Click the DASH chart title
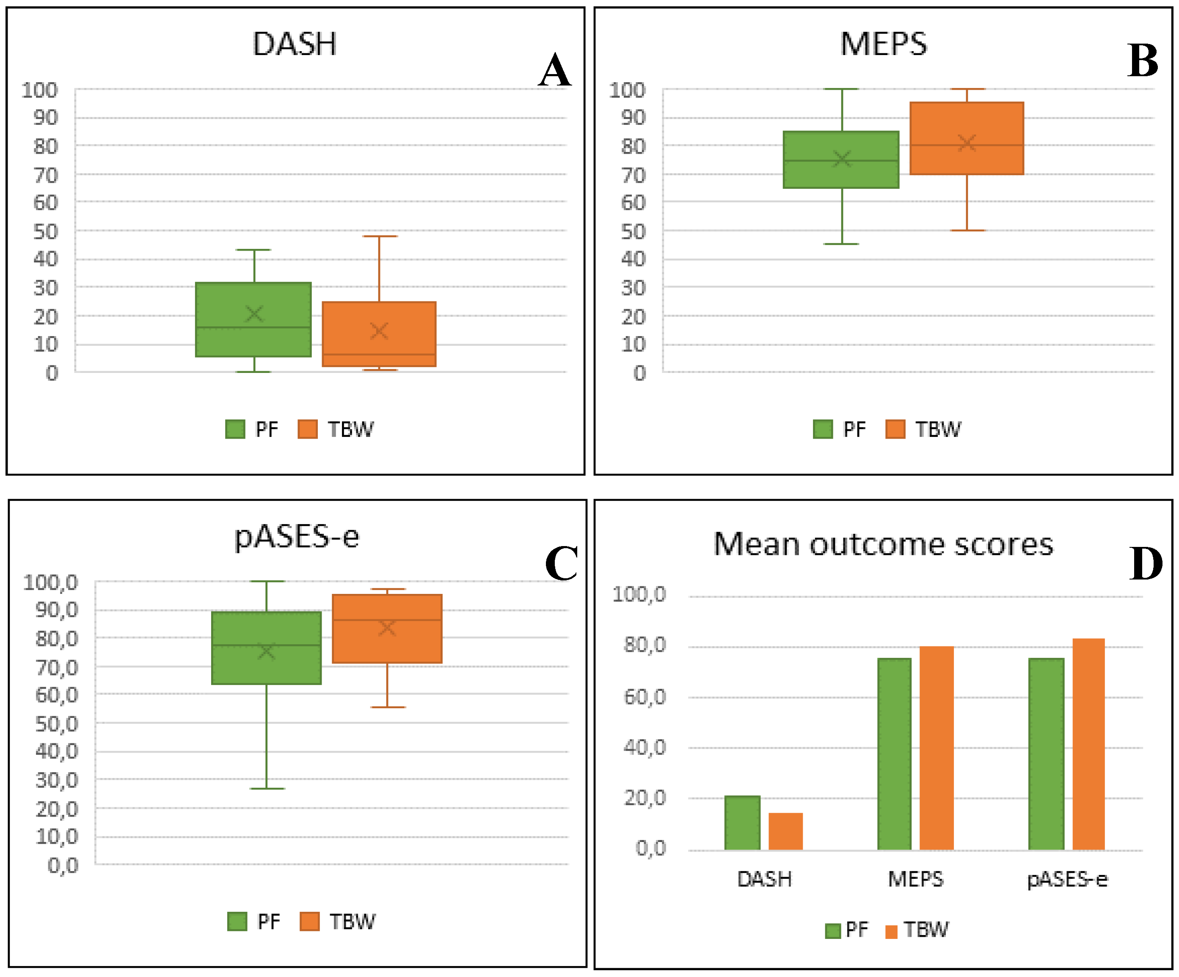[x=294, y=44]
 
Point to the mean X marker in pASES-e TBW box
[x=387, y=628]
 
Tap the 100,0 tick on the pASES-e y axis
[x=50, y=582]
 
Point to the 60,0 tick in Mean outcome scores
[x=645, y=697]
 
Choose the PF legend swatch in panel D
[x=832, y=931]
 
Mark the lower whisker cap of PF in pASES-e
[x=267, y=788]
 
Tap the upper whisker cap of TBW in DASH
[x=380, y=236]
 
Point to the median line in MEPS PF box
[x=840, y=160]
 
